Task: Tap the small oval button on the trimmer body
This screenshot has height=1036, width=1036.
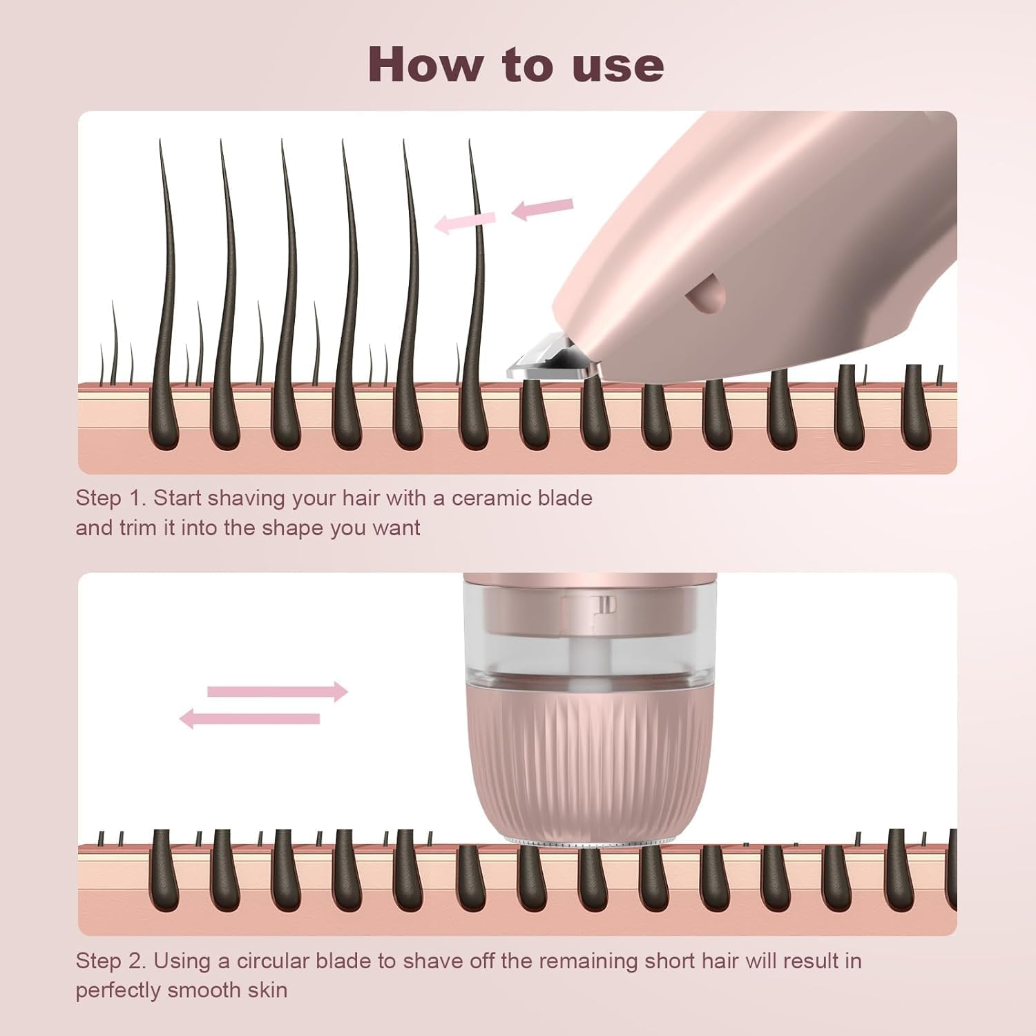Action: pos(704,291)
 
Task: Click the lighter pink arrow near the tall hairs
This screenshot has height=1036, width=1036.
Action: pos(465,222)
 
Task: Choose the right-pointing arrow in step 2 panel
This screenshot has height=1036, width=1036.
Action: pos(278,691)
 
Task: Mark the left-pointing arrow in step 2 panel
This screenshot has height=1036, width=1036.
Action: pos(250,719)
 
